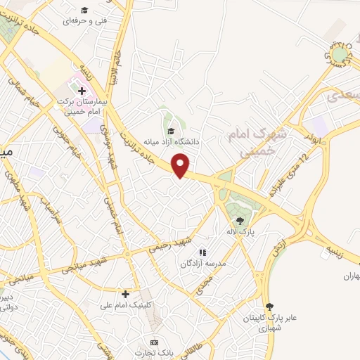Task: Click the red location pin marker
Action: pyautogui.click(x=181, y=165)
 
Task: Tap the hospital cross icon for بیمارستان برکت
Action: pyautogui.click(x=82, y=90)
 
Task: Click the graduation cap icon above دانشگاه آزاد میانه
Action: pyautogui.click(x=169, y=129)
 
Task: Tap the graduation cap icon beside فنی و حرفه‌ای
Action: pyautogui.click(x=84, y=10)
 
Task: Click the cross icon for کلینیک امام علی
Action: pyautogui.click(x=126, y=294)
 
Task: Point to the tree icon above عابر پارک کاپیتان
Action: pyautogui.click(x=269, y=307)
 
